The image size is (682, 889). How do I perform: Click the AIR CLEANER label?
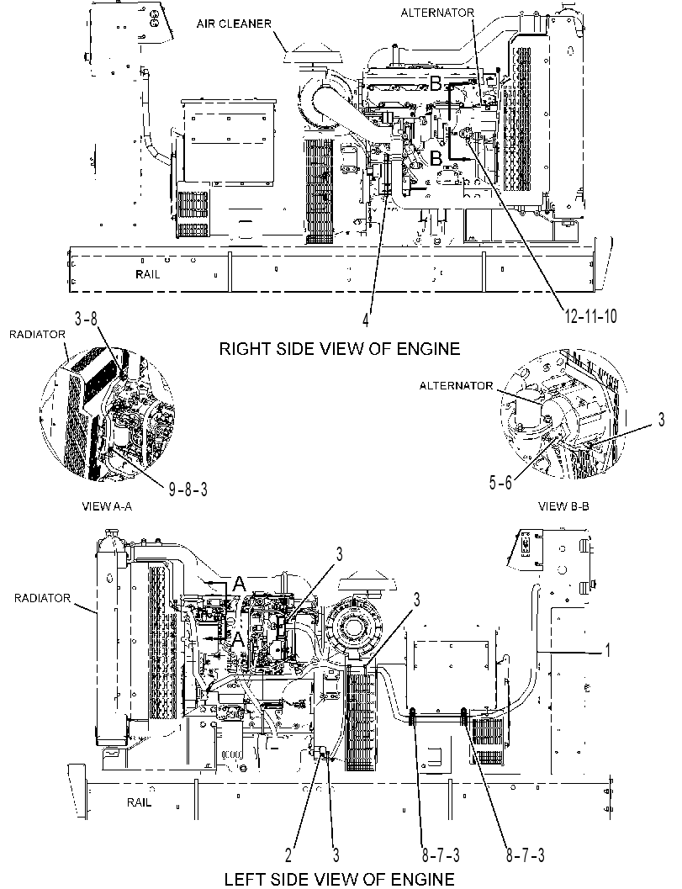click(x=234, y=24)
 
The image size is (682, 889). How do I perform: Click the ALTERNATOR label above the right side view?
click(x=437, y=13)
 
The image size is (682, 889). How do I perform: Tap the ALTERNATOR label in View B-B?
click(x=457, y=385)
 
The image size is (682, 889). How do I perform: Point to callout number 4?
click(x=366, y=320)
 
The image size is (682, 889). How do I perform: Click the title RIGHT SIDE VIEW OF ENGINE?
click(x=340, y=348)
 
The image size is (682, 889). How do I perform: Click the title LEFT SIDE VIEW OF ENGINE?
click(x=340, y=879)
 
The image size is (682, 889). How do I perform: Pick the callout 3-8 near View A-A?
click(x=87, y=318)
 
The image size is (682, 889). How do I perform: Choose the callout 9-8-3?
click(x=188, y=489)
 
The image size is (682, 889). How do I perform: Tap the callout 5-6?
click(x=500, y=482)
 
